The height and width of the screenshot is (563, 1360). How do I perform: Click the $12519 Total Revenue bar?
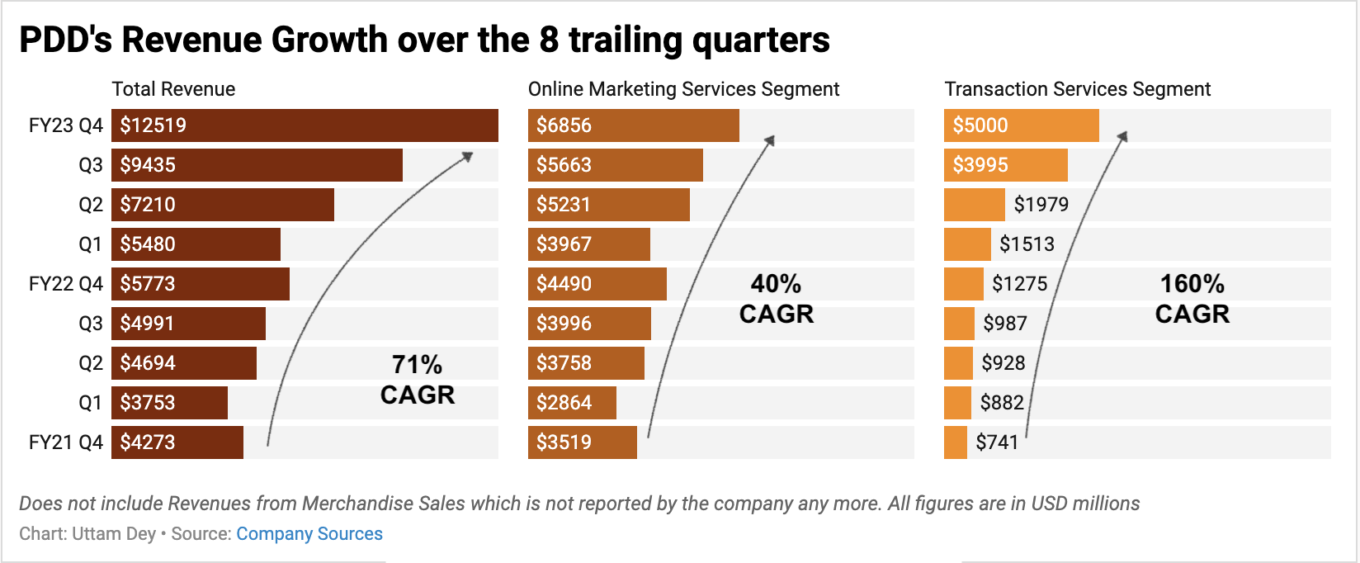305,125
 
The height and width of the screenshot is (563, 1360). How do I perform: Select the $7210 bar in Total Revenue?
223,205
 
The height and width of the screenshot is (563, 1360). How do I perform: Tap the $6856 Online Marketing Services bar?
633,125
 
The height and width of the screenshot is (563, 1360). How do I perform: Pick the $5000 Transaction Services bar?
1021,125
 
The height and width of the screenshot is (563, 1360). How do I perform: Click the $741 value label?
997,442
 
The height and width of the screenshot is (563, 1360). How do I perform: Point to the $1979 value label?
1041,205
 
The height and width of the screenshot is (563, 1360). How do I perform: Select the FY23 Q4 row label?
66,125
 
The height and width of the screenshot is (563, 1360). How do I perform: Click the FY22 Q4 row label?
66,284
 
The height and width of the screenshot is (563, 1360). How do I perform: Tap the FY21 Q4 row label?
66,442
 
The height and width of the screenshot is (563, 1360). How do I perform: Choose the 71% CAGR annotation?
418,380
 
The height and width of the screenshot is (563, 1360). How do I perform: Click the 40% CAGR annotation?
776,299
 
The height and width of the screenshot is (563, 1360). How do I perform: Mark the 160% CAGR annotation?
1192,299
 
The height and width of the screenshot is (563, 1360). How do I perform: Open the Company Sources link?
309,534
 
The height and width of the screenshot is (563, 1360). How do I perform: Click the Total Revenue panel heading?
173,89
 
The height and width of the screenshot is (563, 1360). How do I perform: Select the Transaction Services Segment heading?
1077,89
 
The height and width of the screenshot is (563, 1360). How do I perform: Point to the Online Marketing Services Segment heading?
683,89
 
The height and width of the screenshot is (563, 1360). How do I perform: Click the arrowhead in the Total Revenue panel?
468,155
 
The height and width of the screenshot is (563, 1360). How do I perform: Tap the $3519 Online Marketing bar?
582,442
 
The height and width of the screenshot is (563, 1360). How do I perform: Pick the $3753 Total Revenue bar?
169,403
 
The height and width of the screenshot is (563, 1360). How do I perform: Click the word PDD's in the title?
65,40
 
